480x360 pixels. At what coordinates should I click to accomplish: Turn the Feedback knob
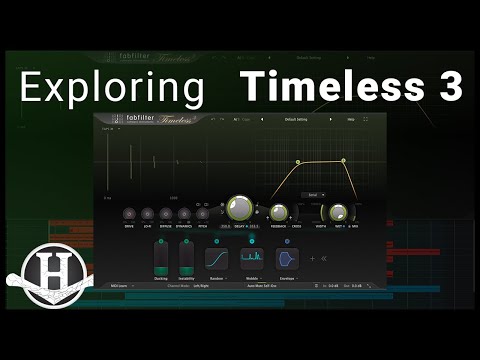(278, 212)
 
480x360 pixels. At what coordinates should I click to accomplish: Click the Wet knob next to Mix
(339, 212)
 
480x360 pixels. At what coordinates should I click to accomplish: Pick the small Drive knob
(129, 214)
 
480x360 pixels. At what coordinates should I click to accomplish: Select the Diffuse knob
(165, 214)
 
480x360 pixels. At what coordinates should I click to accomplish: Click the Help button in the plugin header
(350, 120)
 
